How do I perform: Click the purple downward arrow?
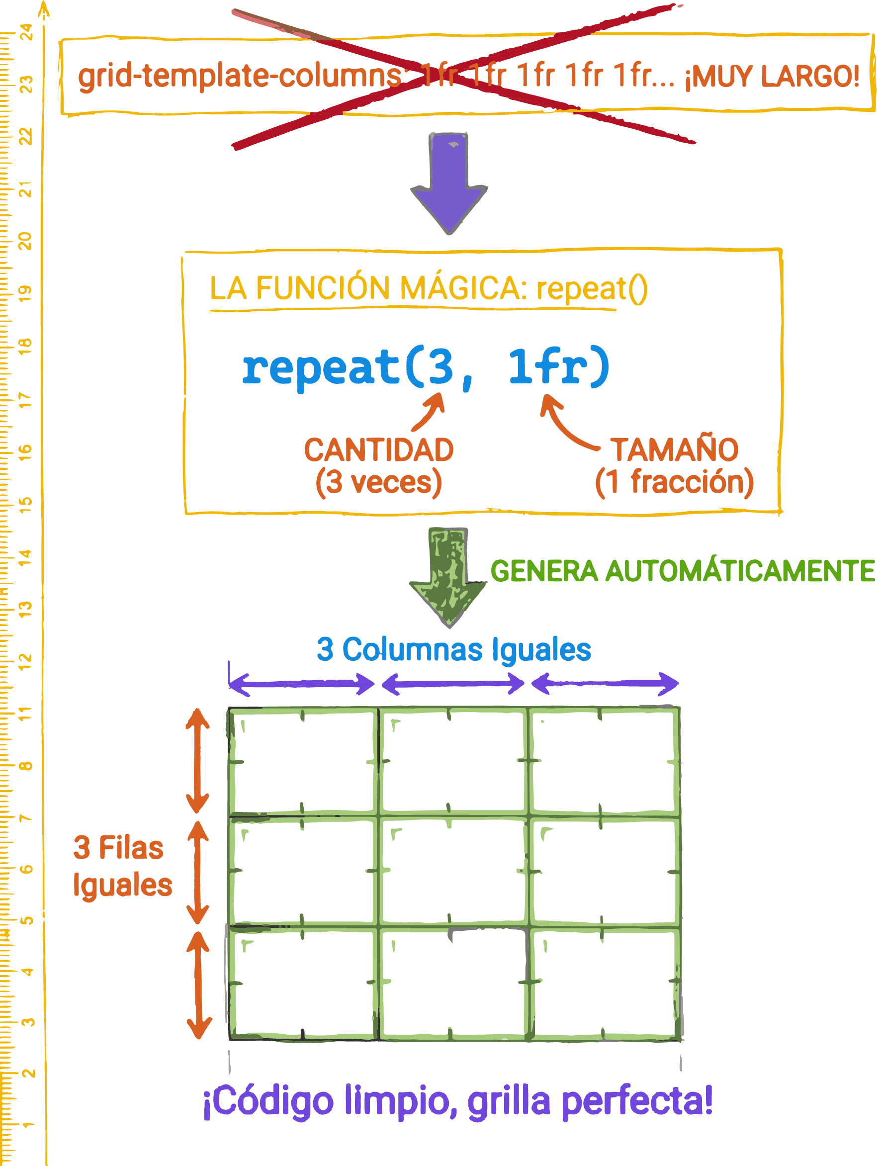click(x=449, y=184)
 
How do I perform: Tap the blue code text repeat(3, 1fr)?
click(x=426, y=367)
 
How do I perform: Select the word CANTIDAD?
click(x=379, y=449)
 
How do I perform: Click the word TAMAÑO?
click(x=674, y=449)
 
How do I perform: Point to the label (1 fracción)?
click(x=674, y=482)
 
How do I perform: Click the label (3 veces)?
click(x=379, y=482)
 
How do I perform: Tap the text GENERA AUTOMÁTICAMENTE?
click(x=683, y=571)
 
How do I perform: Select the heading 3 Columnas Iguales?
click(x=454, y=649)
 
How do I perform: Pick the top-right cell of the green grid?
click(x=604, y=761)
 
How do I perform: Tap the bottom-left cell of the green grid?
click(x=303, y=983)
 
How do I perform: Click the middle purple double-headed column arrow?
click(x=453, y=684)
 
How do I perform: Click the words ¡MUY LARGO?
click(x=772, y=77)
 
